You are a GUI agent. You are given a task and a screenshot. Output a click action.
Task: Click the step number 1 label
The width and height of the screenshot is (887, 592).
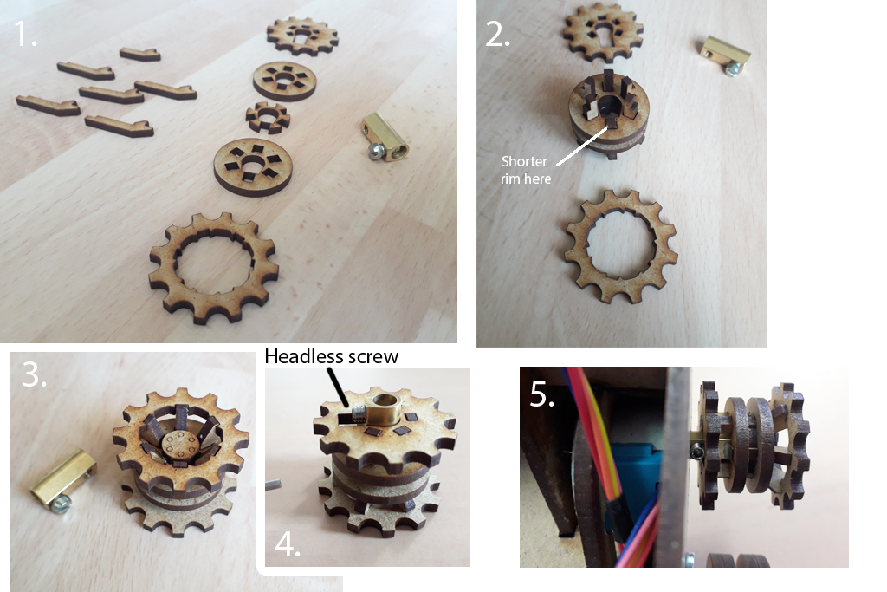pyautogui.click(x=25, y=34)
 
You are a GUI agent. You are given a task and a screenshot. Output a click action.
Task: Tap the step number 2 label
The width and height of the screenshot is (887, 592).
pyautogui.click(x=498, y=35)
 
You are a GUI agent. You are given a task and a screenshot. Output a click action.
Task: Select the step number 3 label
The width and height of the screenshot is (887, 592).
pyautogui.click(x=34, y=374)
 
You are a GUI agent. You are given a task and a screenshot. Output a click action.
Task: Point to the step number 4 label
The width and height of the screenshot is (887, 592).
pyautogui.click(x=288, y=544)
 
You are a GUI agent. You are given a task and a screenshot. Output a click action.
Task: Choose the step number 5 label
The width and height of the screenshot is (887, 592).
pyautogui.click(x=541, y=394)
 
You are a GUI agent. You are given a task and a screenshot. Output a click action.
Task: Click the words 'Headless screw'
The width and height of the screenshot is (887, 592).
pyautogui.click(x=332, y=356)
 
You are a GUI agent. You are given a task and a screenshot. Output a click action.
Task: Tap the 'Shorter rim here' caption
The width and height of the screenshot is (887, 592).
pyautogui.click(x=525, y=170)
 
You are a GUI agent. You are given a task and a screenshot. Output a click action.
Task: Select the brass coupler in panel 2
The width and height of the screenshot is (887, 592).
pyautogui.click(x=725, y=55)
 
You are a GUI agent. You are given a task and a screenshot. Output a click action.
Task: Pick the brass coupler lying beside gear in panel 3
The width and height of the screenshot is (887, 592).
pyautogui.click(x=62, y=478)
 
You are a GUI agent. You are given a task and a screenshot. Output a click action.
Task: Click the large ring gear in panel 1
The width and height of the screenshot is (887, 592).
pyautogui.click(x=214, y=267)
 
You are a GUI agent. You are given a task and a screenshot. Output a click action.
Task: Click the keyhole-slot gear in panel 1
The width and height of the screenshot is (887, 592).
pyautogui.click(x=302, y=36)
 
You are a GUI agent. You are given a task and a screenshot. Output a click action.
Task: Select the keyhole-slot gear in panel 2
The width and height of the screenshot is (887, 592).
pyautogui.click(x=604, y=31)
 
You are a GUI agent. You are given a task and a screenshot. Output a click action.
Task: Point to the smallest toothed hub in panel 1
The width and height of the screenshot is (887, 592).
pyautogui.click(x=269, y=117)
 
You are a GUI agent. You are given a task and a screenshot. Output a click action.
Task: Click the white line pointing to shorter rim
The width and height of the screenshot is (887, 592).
pyautogui.click(x=582, y=146)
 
